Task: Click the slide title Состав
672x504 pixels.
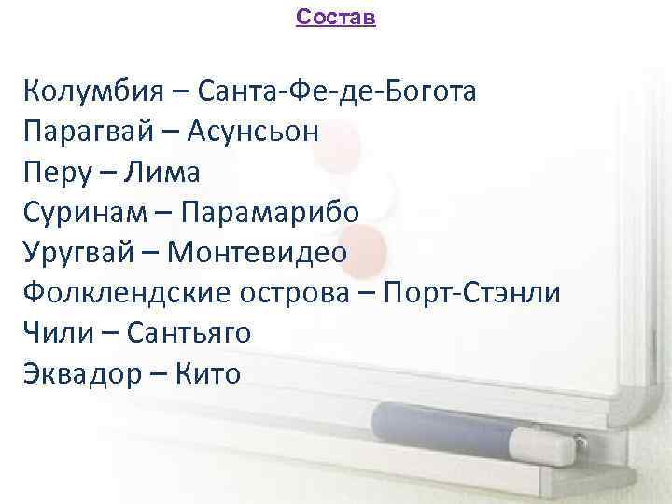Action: (x=335, y=18)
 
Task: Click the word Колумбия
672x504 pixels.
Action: (x=90, y=91)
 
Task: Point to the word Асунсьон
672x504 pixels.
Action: (x=253, y=132)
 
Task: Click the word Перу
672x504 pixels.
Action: (x=58, y=173)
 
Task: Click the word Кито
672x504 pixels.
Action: (x=206, y=373)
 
